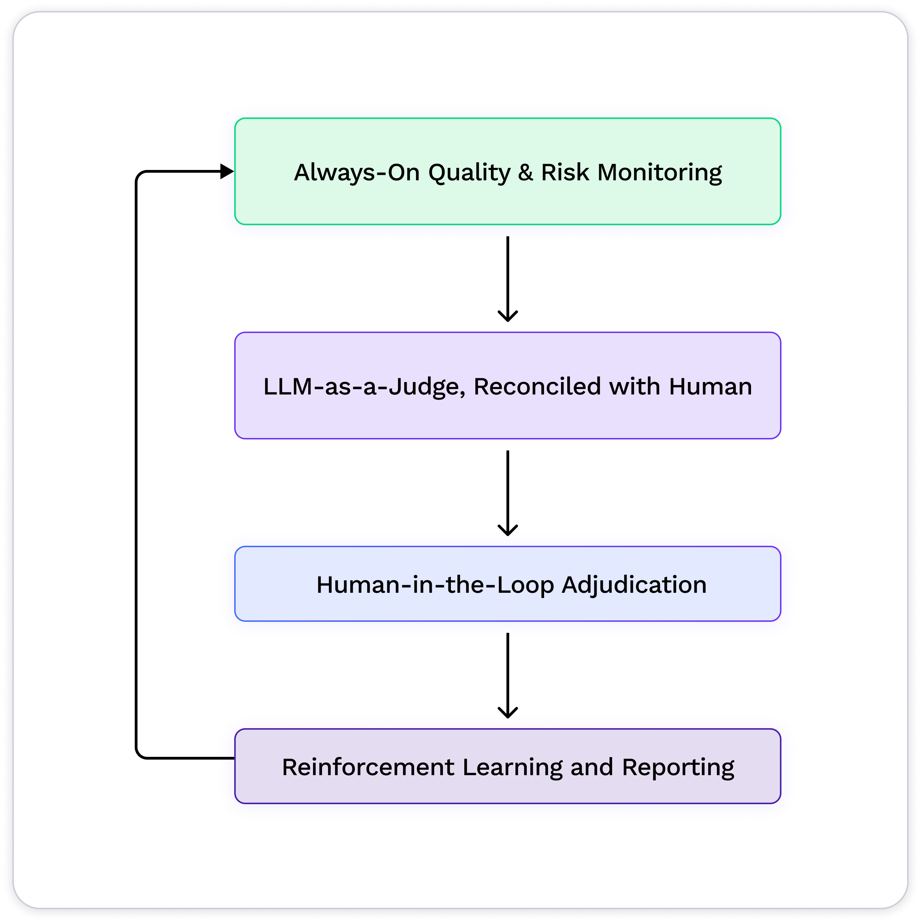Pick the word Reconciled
[537, 387]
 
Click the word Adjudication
[634, 585]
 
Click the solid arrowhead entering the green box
[226, 171]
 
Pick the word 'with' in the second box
[634, 387]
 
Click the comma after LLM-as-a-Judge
[463, 394]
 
